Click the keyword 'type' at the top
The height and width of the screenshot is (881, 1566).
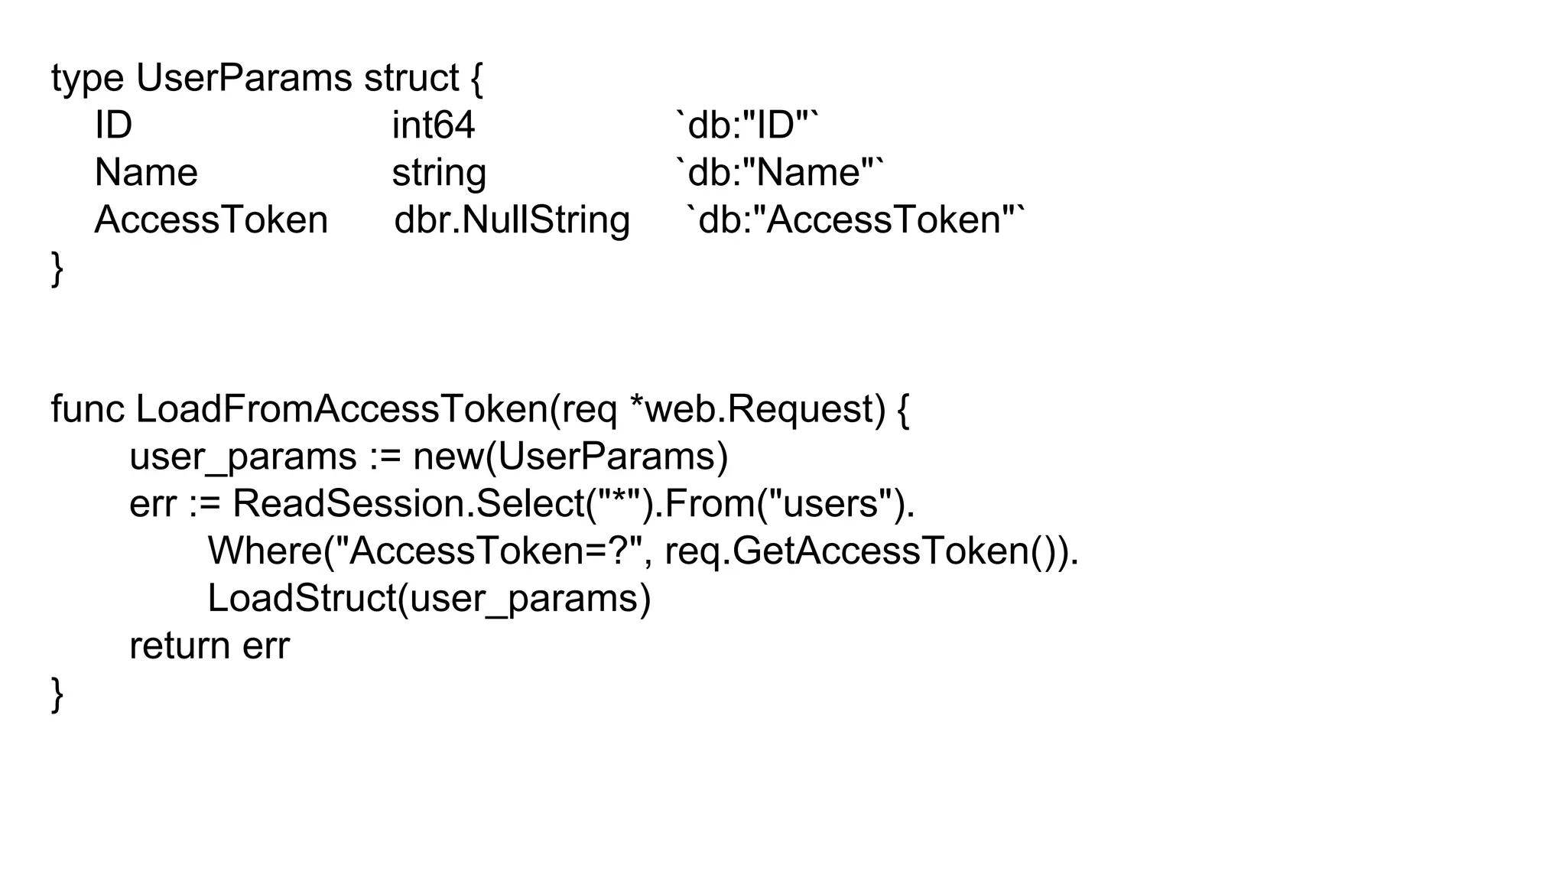pos(87,79)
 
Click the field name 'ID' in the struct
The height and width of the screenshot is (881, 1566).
pos(113,125)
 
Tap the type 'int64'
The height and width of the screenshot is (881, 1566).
pos(433,125)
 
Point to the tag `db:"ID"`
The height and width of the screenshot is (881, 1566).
pos(747,125)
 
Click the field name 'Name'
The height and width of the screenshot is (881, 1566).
pos(146,172)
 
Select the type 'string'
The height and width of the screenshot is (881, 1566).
pos(439,174)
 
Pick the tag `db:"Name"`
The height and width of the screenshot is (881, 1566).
pos(779,172)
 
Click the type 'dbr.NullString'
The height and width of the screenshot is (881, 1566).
pos(512,220)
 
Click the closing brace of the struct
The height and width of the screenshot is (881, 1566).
pos(57,268)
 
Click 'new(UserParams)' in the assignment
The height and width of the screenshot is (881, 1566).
pos(570,457)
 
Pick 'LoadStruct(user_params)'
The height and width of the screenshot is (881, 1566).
pos(429,599)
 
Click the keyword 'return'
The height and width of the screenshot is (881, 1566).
pos(180,646)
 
